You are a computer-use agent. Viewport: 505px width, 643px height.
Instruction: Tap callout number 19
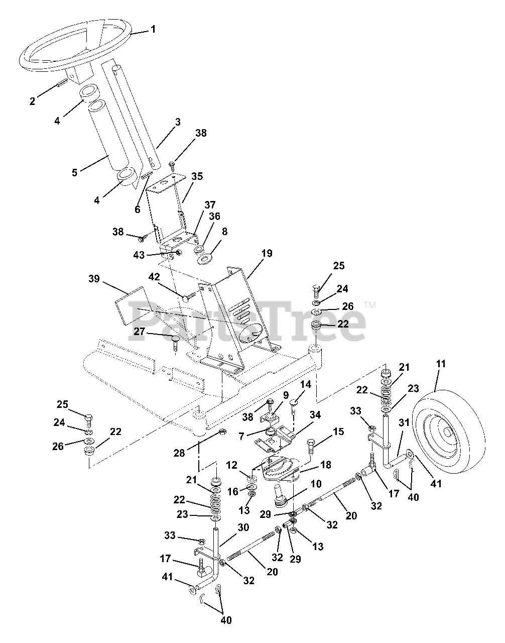267,254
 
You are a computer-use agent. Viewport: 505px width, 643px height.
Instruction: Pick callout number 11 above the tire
441,363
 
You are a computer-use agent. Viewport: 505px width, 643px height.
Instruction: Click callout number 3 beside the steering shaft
164,122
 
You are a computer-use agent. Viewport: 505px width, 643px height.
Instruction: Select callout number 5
75,172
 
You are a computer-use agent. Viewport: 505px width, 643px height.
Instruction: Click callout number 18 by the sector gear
325,465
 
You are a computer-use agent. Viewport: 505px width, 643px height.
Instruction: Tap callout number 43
139,255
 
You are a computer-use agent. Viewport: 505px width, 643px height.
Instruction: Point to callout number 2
33,101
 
